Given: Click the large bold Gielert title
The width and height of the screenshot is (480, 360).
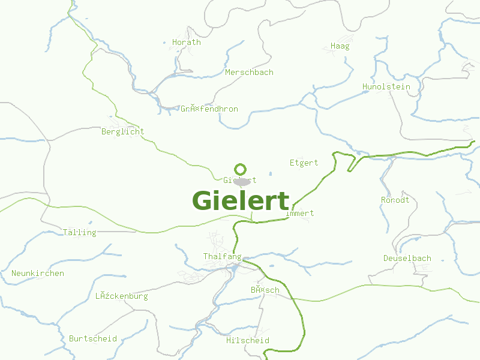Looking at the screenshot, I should (241, 201).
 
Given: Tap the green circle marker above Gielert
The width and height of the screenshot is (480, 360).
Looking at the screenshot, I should (241, 169).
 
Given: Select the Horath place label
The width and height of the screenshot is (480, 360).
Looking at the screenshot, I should (187, 43).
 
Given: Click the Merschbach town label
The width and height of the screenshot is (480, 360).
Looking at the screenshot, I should (249, 73).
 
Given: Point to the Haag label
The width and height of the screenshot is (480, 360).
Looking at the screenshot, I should (340, 46).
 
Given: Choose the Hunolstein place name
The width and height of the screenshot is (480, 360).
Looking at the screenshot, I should (386, 87).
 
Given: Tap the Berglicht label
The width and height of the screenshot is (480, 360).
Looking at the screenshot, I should (122, 132).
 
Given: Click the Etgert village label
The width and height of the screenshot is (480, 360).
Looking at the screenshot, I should (304, 163).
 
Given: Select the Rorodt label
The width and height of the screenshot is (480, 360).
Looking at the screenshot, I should (395, 200).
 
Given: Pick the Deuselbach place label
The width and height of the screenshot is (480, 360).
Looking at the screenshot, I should (407, 259).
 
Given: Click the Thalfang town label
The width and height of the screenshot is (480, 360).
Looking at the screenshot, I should (222, 257).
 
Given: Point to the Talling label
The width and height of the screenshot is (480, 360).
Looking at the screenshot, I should (79, 233).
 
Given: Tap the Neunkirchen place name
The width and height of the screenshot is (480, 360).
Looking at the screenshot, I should (37, 274).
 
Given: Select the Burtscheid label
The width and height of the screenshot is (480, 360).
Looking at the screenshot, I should (92, 339).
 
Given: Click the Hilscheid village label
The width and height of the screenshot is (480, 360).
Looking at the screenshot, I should (247, 341).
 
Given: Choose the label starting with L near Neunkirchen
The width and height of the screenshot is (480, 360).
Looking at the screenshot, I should (121, 296).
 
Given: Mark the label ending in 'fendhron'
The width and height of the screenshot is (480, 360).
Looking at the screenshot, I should (209, 109).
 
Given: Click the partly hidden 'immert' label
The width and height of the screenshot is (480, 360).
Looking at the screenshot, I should (301, 214).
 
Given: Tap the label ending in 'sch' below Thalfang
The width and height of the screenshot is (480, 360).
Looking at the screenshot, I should (265, 290).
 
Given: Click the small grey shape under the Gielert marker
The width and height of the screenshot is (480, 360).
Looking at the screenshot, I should (242, 181).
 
